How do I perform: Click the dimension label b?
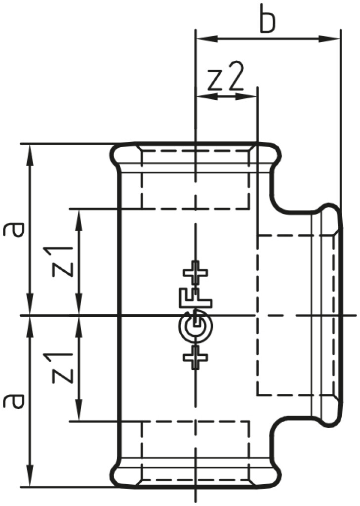268,20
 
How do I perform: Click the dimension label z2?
225,79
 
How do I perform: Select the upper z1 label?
62,262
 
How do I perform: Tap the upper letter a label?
14,229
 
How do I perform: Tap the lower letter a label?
14,400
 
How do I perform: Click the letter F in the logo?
196,298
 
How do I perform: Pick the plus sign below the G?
195,357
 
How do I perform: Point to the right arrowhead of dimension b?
329,39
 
